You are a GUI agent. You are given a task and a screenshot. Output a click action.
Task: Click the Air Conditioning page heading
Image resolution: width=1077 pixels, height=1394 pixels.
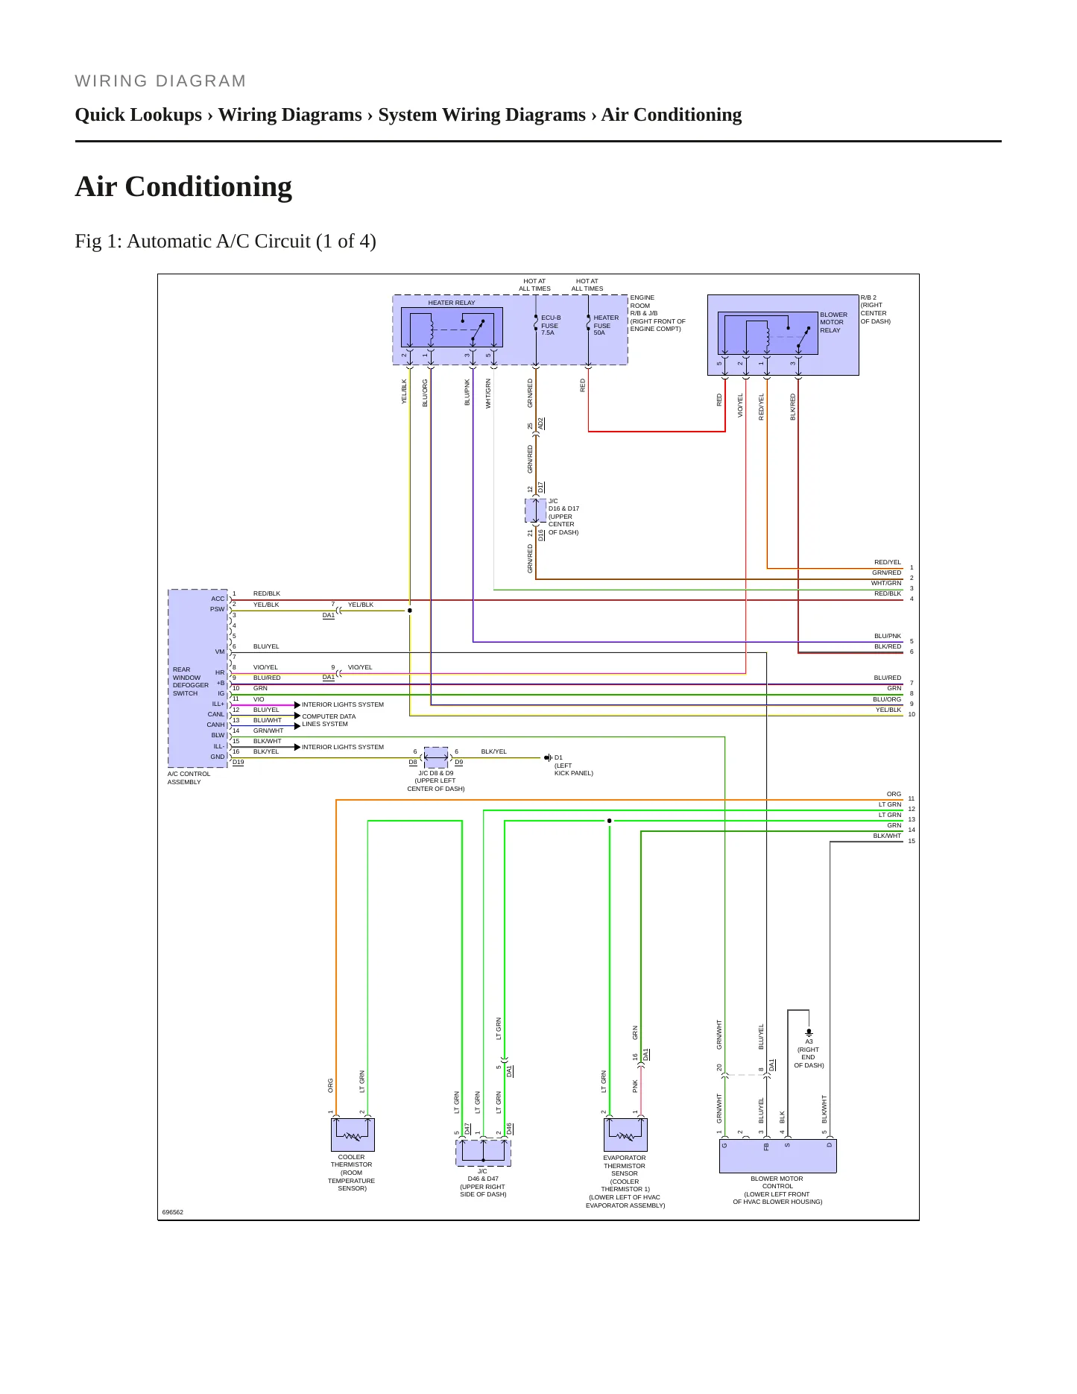tap(183, 186)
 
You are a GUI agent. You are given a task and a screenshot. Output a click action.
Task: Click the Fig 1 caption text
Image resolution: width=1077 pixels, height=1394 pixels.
tap(225, 242)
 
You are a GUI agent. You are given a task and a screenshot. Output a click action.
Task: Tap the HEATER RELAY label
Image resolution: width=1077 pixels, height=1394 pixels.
tap(452, 303)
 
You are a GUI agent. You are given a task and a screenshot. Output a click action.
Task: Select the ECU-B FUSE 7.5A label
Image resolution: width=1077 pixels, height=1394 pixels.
tap(551, 325)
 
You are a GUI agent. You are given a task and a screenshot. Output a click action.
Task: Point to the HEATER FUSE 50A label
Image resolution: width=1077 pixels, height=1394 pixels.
tap(605, 325)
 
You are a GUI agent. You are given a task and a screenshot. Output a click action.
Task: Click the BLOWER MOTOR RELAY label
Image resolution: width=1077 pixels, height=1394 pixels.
tap(833, 322)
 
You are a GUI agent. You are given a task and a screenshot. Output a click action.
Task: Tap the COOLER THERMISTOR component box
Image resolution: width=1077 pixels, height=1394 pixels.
tap(353, 1135)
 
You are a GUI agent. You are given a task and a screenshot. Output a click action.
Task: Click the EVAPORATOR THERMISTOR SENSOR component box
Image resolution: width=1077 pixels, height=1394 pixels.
tap(625, 1135)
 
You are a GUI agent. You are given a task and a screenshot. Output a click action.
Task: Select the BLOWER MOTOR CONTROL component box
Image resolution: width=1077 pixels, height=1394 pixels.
tap(777, 1156)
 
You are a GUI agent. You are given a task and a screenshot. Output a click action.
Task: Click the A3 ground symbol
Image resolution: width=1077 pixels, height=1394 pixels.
tap(809, 1033)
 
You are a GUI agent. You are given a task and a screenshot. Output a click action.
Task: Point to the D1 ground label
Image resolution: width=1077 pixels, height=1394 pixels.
tap(558, 757)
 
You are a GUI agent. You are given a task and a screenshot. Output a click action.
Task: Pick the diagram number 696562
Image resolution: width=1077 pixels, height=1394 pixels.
tap(173, 1212)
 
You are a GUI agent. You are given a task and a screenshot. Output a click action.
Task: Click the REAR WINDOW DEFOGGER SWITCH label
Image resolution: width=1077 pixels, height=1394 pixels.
tap(190, 681)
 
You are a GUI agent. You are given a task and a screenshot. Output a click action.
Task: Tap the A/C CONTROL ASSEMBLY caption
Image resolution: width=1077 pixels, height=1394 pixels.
tap(189, 778)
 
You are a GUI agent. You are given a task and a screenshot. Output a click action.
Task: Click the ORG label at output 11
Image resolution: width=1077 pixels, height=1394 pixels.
tap(894, 794)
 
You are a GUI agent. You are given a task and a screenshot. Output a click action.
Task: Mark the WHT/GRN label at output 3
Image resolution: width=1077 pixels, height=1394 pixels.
tap(886, 583)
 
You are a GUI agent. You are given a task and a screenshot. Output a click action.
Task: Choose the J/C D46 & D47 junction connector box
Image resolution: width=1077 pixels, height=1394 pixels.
tap(483, 1152)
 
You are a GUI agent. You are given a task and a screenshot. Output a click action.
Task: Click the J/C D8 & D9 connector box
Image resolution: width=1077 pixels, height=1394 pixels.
tap(436, 757)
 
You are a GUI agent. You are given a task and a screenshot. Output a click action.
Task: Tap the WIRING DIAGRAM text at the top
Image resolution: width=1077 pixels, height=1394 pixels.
tap(160, 81)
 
